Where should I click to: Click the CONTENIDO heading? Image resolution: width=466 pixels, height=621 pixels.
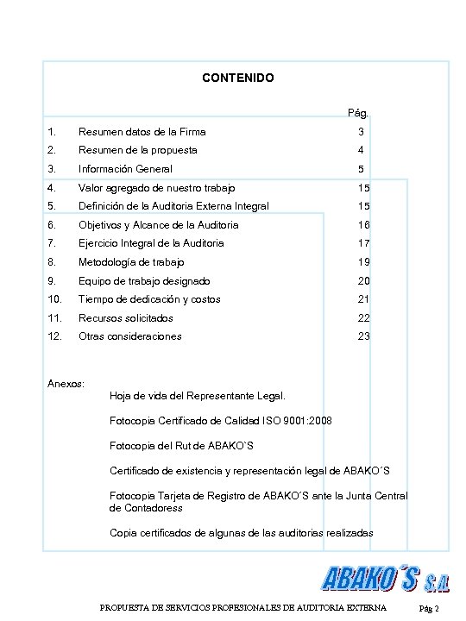click(237, 78)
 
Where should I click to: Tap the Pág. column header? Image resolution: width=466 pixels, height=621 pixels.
click(357, 113)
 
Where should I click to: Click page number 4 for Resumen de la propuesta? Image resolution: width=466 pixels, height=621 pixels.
click(362, 150)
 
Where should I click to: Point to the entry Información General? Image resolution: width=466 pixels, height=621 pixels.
click(125, 169)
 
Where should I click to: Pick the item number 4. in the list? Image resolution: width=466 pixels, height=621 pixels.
click(54, 188)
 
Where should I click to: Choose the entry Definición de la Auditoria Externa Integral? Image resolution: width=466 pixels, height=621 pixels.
click(173, 206)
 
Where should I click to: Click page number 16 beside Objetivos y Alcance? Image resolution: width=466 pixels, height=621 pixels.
click(363, 225)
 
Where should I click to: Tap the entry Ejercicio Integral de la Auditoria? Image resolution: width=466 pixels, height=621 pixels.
click(151, 243)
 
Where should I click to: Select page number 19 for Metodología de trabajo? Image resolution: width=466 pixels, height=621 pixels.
click(363, 262)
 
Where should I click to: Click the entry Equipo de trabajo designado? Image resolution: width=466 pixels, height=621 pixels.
click(144, 281)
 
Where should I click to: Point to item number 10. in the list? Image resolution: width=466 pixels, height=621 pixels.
click(55, 299)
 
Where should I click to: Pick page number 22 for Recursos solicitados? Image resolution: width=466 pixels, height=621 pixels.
click(363, 318)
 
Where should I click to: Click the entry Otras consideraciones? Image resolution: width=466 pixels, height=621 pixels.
click(130, 336)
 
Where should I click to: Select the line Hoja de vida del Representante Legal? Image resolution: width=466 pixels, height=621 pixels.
click(198, 396)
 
